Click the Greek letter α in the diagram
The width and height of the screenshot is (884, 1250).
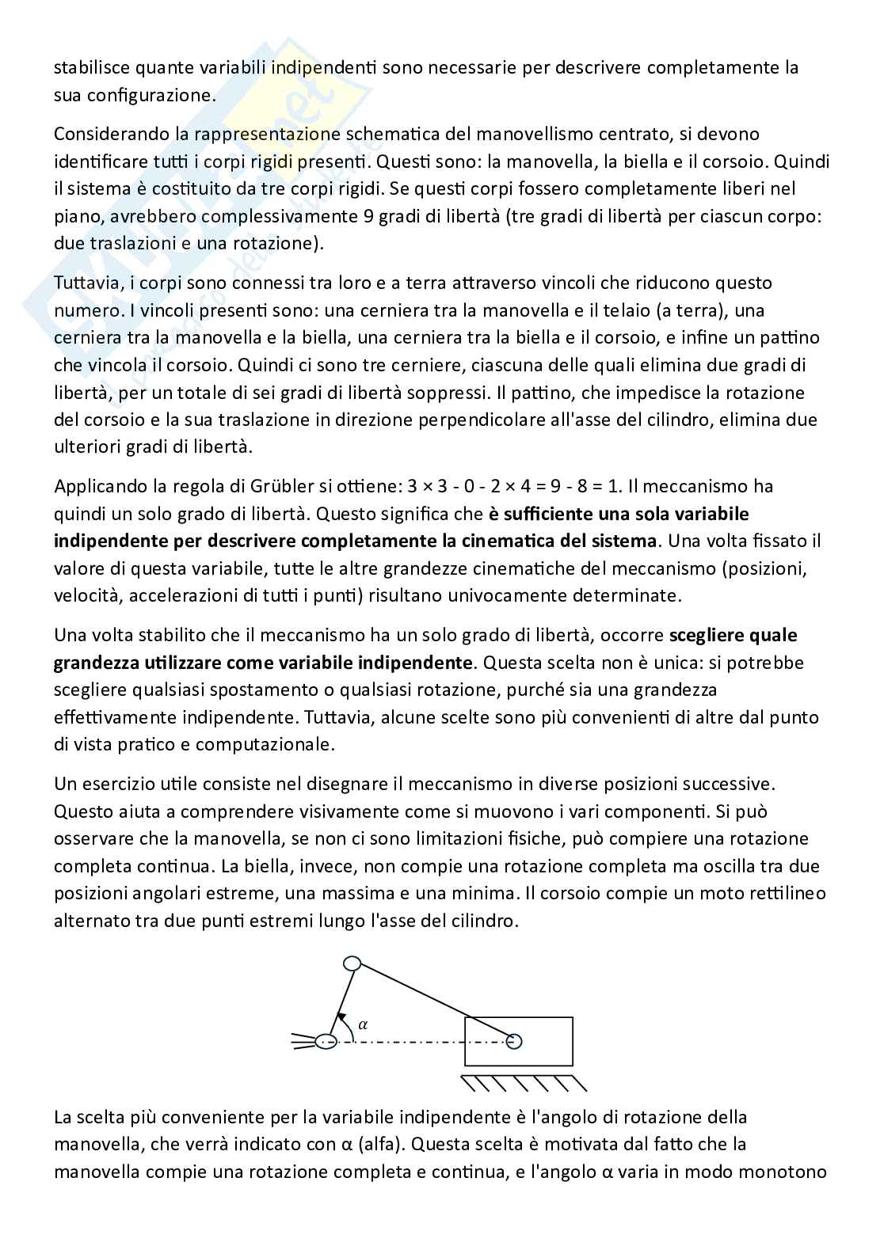(364, 1024)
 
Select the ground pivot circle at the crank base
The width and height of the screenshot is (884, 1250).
(326, 1041)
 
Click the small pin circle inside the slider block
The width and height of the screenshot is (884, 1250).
(514, 1040)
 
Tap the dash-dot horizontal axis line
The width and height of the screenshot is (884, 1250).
(404, 1041)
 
